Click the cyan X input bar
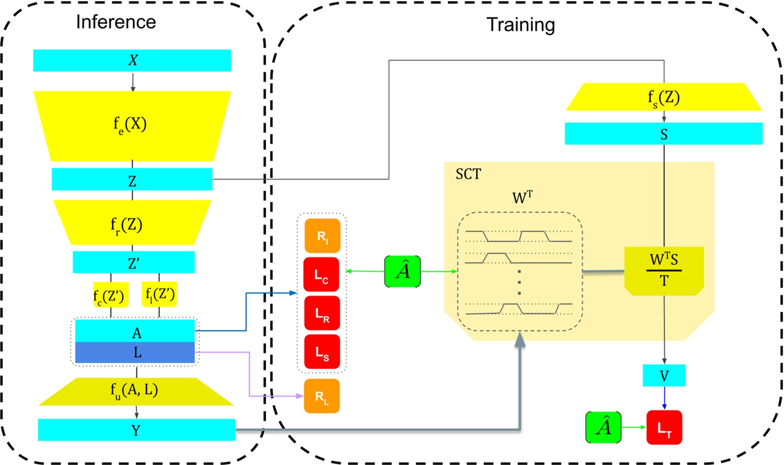132,60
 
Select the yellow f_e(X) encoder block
132,125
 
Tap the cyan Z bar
132,180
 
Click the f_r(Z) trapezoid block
132,223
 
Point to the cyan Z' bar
133,262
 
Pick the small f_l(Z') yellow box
160,293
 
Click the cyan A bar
135,331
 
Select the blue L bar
135,353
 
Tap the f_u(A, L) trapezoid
136,391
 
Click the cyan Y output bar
137,430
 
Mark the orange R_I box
322,236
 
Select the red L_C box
322,275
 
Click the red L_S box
322,353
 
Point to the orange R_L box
322,396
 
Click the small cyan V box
664,376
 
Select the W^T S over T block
664,270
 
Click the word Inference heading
116,22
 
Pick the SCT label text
468,174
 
